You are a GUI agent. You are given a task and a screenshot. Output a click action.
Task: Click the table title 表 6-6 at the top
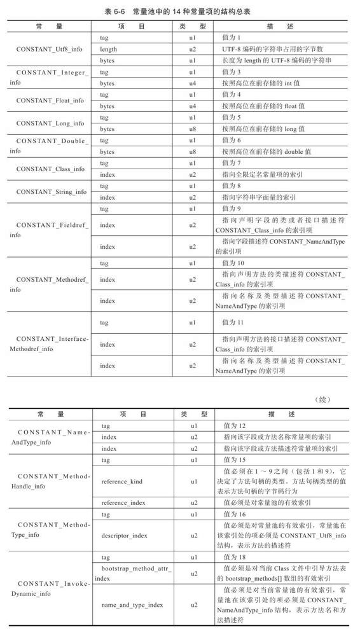[180, 11]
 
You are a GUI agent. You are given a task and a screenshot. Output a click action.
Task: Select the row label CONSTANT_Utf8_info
[50, 49]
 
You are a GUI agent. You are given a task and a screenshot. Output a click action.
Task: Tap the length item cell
[108, 49]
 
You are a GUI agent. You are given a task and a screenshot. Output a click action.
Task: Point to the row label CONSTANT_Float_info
[50, 100]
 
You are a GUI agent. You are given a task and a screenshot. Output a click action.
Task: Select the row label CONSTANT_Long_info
[50, 123]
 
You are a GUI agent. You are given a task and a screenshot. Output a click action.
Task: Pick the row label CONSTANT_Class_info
[50, 169]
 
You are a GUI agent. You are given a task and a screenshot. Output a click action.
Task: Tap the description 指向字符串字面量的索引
[259, 197]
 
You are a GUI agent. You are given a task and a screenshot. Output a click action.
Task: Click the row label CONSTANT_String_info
[50, 191]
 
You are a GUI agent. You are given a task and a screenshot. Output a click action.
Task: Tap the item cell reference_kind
[122, 481]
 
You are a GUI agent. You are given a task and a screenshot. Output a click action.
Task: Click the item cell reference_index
[123, 502]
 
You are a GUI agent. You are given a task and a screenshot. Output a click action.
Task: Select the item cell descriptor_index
[125, 536]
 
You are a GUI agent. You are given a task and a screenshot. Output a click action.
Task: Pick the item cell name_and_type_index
[132, 604]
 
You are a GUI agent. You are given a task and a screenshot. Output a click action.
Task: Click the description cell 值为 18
[235, 556]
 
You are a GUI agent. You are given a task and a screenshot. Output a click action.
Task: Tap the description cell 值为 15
[235, 459]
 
